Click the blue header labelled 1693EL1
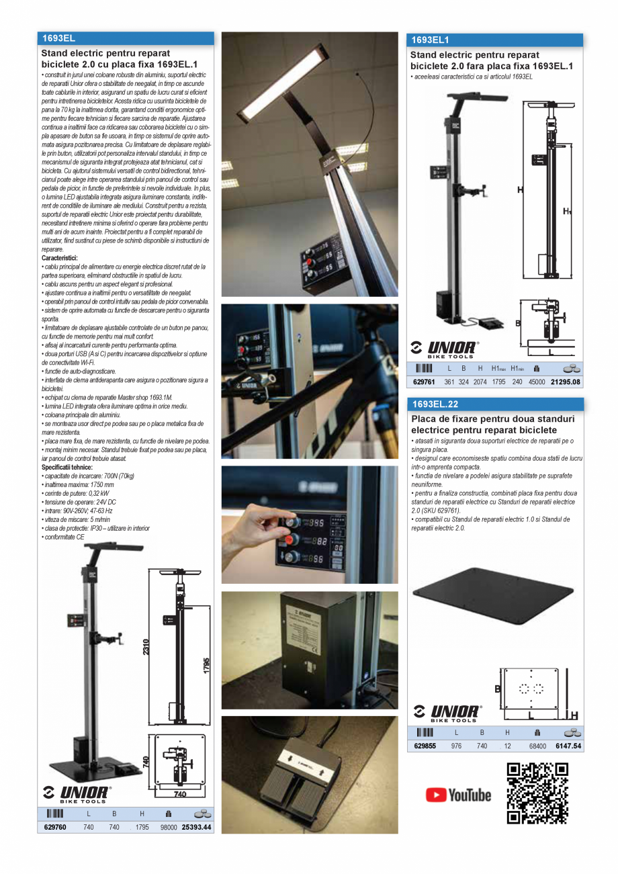[494, 40]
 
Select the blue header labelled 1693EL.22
[494, 404]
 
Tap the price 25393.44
[196, 827]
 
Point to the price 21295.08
[565, 382]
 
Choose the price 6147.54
[568, 746]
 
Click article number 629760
[54, 827]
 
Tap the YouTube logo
[458, 795]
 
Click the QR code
[537, 793]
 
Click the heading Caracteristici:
[59, 258]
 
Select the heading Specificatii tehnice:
[67, 467]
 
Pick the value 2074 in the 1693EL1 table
[480, 382]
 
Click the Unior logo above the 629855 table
[446, 713]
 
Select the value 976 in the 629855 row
[456, 746]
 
